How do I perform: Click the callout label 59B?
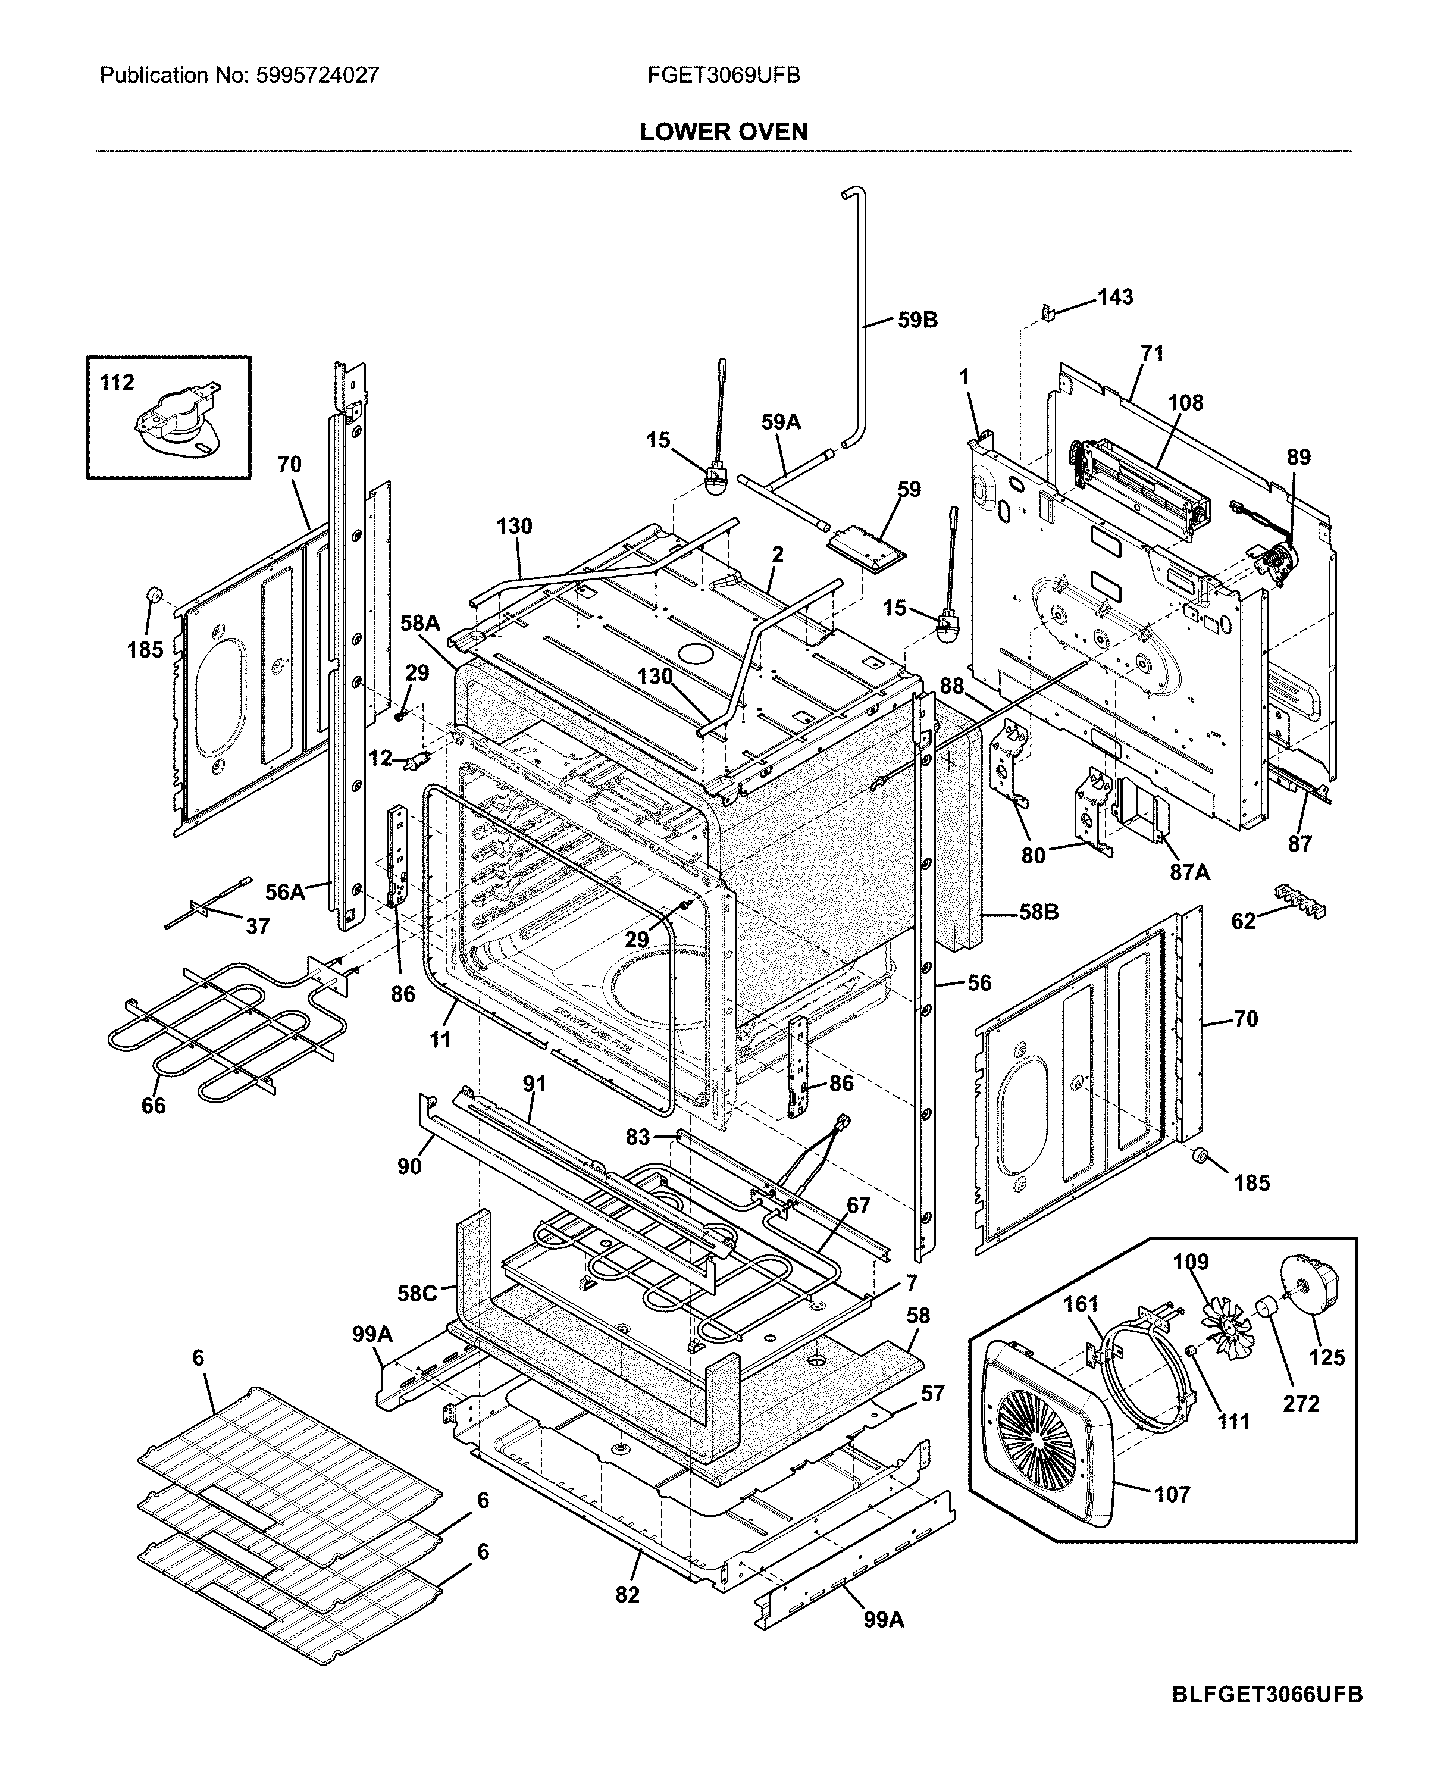click(x=917, y=320)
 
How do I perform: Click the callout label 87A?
click(x=1189, y=872)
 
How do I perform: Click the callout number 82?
click(x=627, y=1594)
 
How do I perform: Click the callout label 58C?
click(x=417, y=1294)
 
